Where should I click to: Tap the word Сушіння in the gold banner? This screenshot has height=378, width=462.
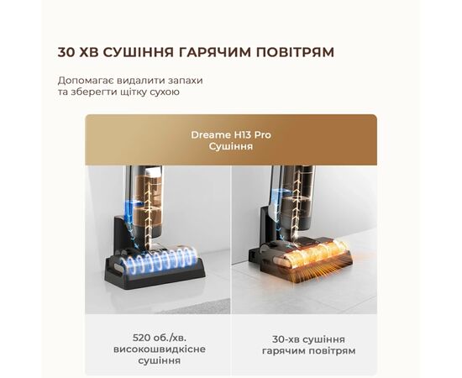tap(231, 146)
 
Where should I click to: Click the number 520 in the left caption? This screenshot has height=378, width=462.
tap(142, 338)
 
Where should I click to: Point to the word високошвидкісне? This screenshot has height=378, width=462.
tap(160, 349)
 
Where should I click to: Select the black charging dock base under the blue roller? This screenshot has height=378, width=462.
tap(155, 272)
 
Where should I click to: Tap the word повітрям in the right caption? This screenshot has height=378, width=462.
tap(332, 351)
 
